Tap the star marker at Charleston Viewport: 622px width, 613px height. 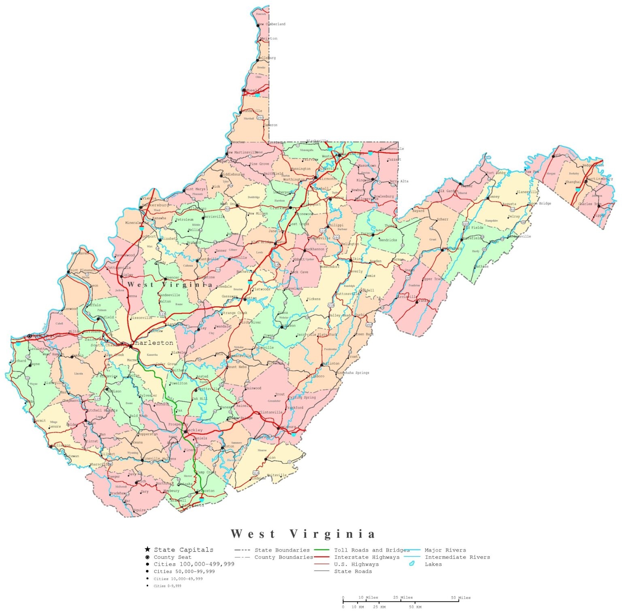[131, 346]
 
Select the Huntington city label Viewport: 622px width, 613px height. [47, 335]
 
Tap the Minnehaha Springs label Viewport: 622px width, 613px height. [353, 373]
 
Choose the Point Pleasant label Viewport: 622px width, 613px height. [83, 270]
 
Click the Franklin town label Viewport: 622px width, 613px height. [425, 301]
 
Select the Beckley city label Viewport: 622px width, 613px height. [194, 430]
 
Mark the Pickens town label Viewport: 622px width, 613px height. [313, 299]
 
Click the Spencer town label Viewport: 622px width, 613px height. [173, 278]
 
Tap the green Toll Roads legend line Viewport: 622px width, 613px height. [322, 550]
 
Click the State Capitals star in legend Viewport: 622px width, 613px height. [147, 549]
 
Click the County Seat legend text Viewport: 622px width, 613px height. [173, 557]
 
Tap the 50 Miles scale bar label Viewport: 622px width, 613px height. [461, 597]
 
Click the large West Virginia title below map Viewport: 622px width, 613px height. [303, 534]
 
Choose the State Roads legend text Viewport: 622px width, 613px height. [353, 571]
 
